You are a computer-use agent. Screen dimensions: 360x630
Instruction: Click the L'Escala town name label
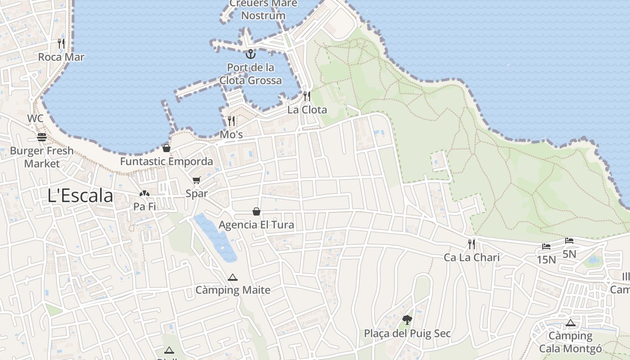click(81, 196)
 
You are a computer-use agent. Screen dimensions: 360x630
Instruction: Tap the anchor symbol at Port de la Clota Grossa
click(251, 54)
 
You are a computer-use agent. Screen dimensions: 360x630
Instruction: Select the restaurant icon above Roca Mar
click(61, 44)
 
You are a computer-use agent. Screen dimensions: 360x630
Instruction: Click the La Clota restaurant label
click(307, 110)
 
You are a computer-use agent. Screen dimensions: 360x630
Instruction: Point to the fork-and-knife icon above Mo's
click(231, 121)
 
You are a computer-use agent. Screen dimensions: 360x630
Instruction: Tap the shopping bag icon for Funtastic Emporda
click(166, 148)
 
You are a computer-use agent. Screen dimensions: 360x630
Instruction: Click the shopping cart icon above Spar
click(196, 180)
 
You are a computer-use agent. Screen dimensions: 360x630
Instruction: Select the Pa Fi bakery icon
click(144, 194)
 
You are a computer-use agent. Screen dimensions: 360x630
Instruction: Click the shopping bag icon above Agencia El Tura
click(256, 211)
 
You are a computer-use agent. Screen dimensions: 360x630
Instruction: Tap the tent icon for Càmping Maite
click(233, 277)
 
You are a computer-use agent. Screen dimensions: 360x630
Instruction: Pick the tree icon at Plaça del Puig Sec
click(407, 320)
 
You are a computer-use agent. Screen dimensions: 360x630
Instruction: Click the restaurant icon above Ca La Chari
click(472, 244)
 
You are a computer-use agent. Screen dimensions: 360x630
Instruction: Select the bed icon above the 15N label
click(546, 247)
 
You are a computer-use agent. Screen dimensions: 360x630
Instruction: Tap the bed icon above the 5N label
click(569, 241)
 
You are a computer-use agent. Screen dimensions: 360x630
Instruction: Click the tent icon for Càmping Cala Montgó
click(571, 323)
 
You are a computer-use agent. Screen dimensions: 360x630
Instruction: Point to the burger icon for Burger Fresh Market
click(42, 137)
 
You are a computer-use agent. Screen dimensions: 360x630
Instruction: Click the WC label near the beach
click(35, 119)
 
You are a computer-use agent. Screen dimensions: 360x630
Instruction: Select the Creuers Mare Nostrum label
click(263, 9)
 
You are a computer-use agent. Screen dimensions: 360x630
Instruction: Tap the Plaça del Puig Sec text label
click(407, 334)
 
